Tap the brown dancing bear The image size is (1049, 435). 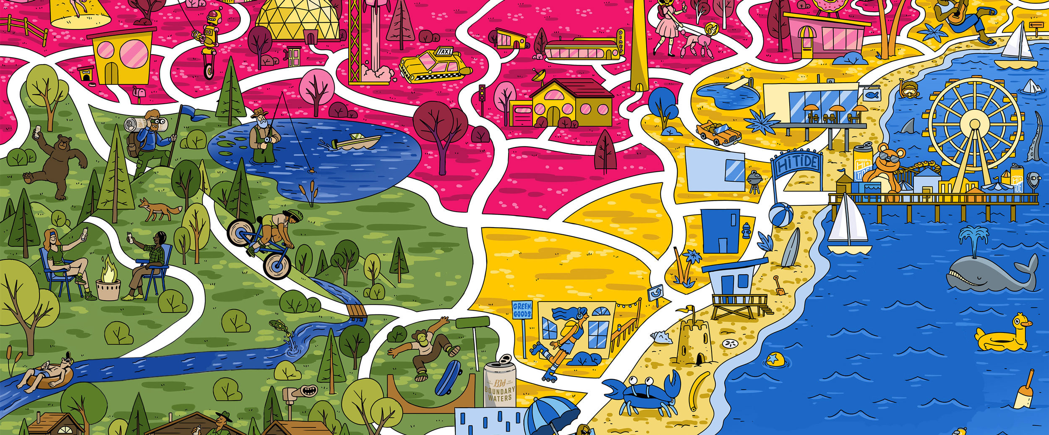click(x=57, y=164)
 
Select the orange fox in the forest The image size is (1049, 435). click(x=159, y=209)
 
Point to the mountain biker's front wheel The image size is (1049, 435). click(x=277, y=265)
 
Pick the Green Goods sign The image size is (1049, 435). click(x=522, y=311)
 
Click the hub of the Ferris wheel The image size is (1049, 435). click(x=973, y=122)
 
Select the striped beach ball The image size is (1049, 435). click(x=781, y=215)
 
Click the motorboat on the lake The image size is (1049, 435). click(x=357, y=142)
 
